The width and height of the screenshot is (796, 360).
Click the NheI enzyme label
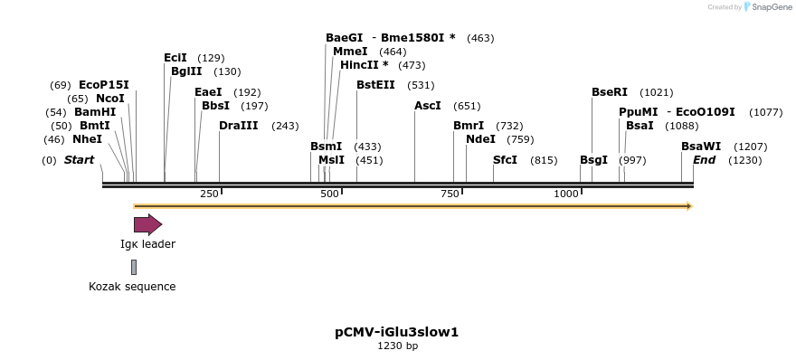coord(87,139)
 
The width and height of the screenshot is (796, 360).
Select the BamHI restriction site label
coord(95,112)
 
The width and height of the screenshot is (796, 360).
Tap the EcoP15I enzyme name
coord(104,85)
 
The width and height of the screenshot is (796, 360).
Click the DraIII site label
coord(239,126)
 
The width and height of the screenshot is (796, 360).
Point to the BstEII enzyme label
coord(375,85)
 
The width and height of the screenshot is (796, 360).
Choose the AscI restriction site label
coord(428,106)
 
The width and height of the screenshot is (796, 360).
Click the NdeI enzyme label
coord(480,139)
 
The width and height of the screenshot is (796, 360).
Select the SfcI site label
coord(505,160)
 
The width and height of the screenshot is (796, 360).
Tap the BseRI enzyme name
coord(610,92)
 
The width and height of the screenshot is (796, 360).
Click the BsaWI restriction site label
coord(701,147)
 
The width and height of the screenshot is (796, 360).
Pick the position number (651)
coord(467,106)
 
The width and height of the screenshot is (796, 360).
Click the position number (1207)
coord(750,147)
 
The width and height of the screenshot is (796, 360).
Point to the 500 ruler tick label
coord(329,194)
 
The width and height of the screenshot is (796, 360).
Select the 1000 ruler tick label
coord(566,194)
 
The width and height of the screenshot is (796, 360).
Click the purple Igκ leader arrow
coord(147,224)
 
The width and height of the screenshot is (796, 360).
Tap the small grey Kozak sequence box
coord(134,267)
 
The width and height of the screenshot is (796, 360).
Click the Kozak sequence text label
coord(132,287)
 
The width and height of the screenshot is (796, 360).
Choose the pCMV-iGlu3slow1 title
coord(397,332)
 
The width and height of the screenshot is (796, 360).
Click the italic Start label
coord(79,160)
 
